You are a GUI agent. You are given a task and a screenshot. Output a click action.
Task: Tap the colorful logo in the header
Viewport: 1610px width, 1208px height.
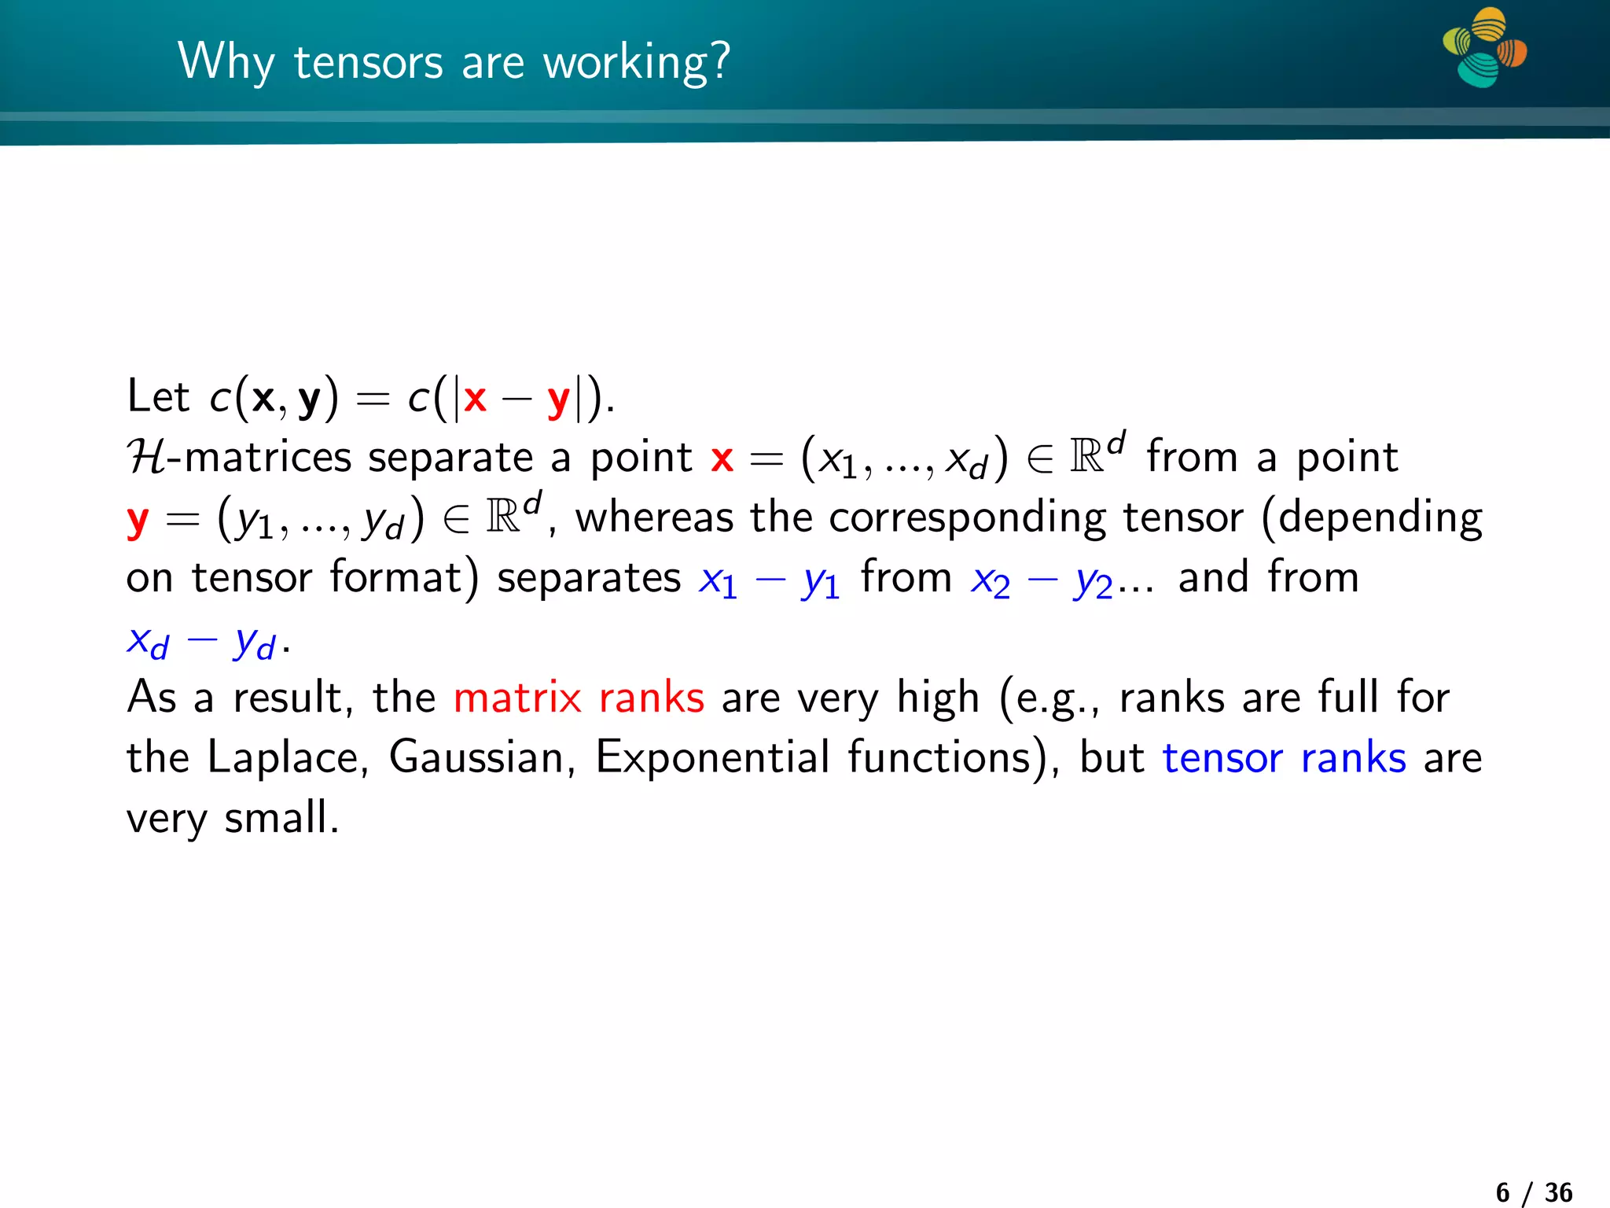pos(1484,47)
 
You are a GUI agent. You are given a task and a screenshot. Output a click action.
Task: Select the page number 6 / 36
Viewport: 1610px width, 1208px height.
pos(1534,1192)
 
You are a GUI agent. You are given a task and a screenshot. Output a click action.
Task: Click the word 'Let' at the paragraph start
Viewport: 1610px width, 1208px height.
pos(158,396)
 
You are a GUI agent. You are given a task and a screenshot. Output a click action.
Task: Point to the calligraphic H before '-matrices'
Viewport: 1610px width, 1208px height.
pos(146,457)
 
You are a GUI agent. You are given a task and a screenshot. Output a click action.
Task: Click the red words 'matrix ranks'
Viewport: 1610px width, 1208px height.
pos(579,698)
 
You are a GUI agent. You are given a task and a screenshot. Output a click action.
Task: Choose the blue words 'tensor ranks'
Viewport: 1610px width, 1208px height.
pos(1284,758)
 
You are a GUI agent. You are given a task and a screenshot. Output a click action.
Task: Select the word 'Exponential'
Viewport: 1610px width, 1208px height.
pos(712,758)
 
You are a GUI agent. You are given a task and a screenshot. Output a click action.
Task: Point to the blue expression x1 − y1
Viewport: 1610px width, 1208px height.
pos(769,580)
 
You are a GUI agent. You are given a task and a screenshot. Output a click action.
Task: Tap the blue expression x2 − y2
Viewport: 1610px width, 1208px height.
pos(1042,580)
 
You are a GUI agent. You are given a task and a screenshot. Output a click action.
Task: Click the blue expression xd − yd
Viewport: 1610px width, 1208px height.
pos(200,641)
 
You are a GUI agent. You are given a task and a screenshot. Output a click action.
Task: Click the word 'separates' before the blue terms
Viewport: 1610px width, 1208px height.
pos(589,579)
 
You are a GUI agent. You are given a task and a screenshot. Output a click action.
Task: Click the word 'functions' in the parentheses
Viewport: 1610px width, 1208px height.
pos(939,758)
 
